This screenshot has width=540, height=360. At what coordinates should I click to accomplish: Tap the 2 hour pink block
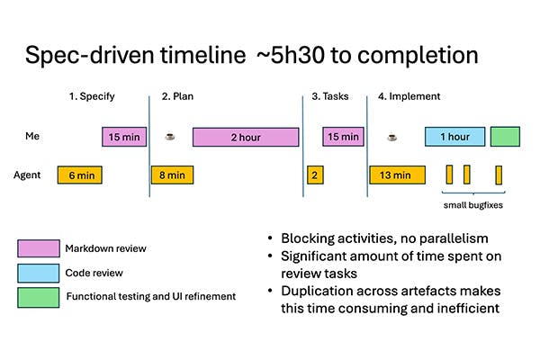(246, 137)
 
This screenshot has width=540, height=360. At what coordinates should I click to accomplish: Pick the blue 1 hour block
(454, 137)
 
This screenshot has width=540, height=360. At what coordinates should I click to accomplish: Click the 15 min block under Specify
(123, 137)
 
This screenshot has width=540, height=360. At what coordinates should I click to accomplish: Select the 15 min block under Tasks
(343, 137)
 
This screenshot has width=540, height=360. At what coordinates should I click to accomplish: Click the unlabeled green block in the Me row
(505, 137)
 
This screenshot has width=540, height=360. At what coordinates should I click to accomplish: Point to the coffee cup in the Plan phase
(170, 137)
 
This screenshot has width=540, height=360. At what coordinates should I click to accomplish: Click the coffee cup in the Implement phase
(391, 137)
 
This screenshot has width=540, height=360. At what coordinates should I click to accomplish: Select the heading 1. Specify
(94, 95)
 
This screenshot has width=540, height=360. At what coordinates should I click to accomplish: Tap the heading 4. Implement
(409, 95)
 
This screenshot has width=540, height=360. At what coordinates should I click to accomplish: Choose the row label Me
(31, 137)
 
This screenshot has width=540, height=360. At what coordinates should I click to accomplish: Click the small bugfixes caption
(473, 205)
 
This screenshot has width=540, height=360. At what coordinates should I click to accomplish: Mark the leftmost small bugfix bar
(449, 174)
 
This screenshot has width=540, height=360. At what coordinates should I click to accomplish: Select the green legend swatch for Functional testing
(37, 294)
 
